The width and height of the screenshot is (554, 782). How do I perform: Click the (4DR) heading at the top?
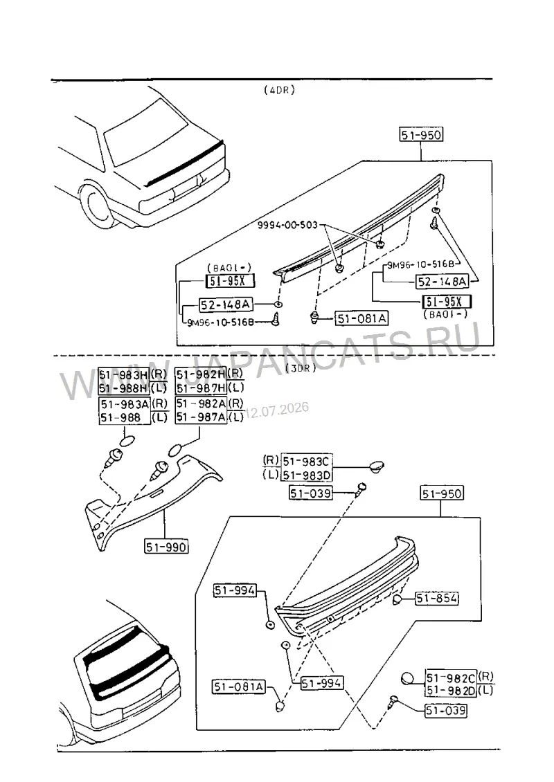pos(280,90)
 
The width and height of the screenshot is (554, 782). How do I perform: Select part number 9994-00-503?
pos(287,225)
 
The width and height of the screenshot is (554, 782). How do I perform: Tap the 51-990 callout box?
pos(166,547)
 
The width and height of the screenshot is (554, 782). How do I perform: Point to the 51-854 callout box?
pos(437,598)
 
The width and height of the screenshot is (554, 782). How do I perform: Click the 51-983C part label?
pos(307,461)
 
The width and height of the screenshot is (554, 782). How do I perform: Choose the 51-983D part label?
pos(307,475)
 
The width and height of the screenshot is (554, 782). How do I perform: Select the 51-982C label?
pos(451,678)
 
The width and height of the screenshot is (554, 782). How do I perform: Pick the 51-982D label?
pos(451,691)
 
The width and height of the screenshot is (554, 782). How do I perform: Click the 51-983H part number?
pos(124,374)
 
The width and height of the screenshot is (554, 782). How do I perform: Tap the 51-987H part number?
pos(201,388)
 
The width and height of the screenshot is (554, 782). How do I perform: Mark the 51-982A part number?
pos(201,403)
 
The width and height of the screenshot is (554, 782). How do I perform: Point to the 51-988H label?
pos(124,388)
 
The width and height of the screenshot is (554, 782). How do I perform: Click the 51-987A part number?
pos(201,417)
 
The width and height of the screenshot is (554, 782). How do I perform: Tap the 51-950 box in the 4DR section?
pos(421,135)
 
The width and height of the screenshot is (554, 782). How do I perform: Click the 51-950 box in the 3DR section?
pos(442,493)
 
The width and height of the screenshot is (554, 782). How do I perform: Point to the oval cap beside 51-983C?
pos(376,466)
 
